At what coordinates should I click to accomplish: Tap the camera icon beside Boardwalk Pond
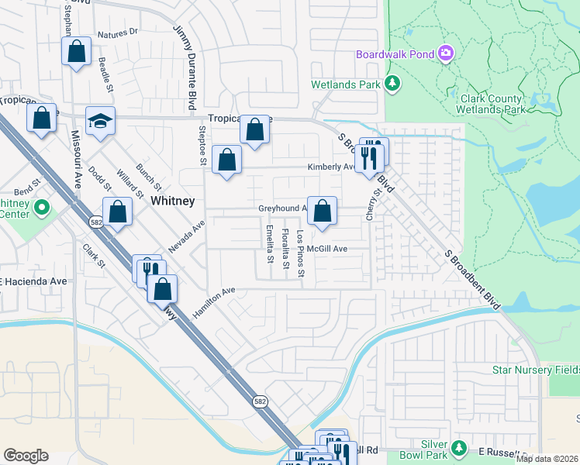(x=445, y=53)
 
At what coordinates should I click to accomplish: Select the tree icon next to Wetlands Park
(x=393, y=83)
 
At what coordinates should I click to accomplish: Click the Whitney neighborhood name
(x=172, y=200)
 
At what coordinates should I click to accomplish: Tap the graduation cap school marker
(x=100, y=121)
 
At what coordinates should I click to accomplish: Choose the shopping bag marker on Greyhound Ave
(x=322, y=211)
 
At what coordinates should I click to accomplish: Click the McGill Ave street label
(x=326, y=249)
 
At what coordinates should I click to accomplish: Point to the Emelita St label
(x=269, y=243)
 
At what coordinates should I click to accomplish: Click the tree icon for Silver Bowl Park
(x=458, y=448)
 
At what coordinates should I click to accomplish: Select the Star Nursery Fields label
(x=536, y=370)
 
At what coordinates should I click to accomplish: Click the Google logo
(x=26, y=456)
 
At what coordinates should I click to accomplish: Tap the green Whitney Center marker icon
(x=43, y=208)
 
